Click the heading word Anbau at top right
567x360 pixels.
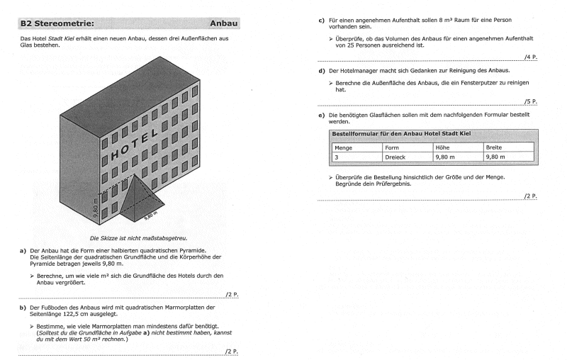point(223,23)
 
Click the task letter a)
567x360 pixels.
point(23,250)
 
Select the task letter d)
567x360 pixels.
point(322,71)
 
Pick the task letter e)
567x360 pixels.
point(322,113)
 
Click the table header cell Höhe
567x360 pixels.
point(442,147)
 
